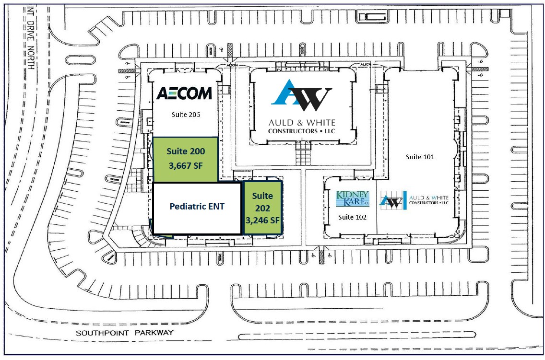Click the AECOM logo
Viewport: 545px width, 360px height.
[x=184, y=93]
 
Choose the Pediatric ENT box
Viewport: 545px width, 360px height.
[x=197, y=208]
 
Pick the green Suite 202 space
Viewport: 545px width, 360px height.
[x=262, y=208]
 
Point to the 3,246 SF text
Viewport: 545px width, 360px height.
[x=262, y=221]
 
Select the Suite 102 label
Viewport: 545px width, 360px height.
[x=353, y=217]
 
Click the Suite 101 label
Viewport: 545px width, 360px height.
[x=420, y=157]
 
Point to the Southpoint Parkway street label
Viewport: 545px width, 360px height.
[x=124, y=332]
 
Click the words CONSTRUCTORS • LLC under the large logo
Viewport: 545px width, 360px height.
[x=302, y=131]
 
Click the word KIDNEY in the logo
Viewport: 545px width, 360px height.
[x=353, y=195]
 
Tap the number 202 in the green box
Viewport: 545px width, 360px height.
[x=262, y=209]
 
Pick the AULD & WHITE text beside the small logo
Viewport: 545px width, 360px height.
[x=429, y=197]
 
